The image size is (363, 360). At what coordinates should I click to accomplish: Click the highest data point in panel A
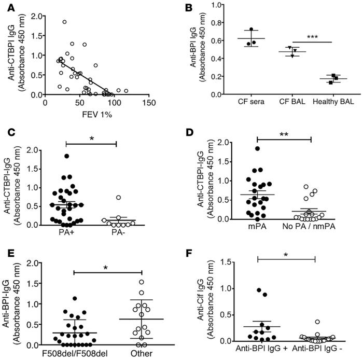click(x=64, y=22)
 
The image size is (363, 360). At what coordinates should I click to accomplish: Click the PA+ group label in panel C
click(x=76, y=232)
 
